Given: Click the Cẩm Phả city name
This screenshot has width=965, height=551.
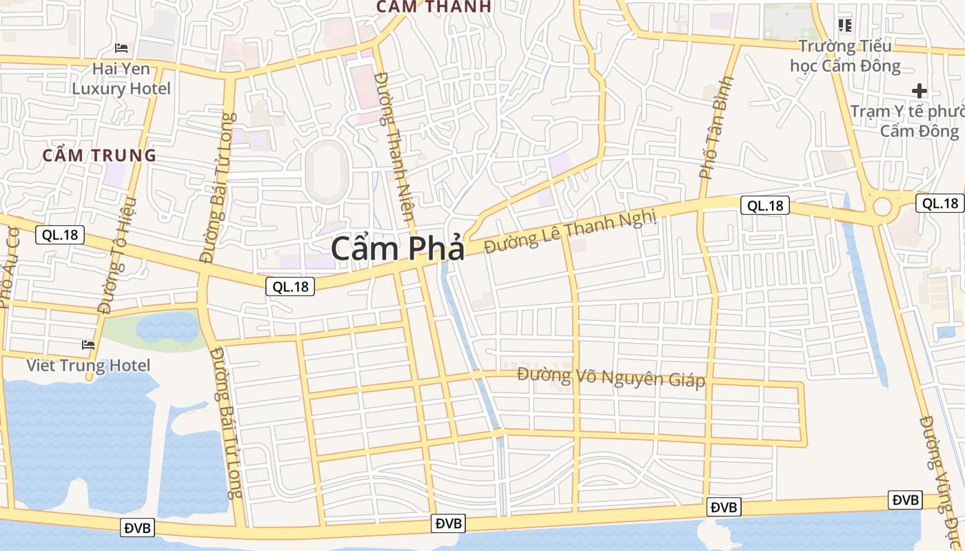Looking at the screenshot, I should [x=398, y=249].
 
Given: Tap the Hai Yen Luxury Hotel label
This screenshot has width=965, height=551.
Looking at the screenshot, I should [x=121, y=79].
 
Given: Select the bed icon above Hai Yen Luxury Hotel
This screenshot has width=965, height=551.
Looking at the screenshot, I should [x=121, y=48].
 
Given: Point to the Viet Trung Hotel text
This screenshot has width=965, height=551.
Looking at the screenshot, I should [x=88, y=365].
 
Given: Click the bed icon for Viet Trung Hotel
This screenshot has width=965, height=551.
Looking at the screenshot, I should [x=88, y=344].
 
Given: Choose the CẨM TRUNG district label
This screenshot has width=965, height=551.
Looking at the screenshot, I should [x=100, y=156].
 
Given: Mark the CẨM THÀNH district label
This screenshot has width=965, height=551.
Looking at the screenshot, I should [x=434, y=7].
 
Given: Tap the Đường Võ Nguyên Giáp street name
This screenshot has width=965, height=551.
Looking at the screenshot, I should [x=611, y=377].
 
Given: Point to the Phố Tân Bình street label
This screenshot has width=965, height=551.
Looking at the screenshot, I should [x=716, y=129].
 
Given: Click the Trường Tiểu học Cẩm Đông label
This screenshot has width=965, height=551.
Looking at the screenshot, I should [x=845, y=56].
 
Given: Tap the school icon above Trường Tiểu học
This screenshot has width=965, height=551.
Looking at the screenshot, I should [x=845, y=26].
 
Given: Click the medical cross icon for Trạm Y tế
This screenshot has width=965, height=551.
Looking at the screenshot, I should [x=919, y=91].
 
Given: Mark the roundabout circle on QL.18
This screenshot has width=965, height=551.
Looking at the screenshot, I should [x=883, y=206].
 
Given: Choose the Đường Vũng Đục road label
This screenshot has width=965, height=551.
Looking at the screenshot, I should [x=939, y=475].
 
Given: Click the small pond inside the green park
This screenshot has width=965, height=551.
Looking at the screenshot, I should [x=167, y=327].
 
